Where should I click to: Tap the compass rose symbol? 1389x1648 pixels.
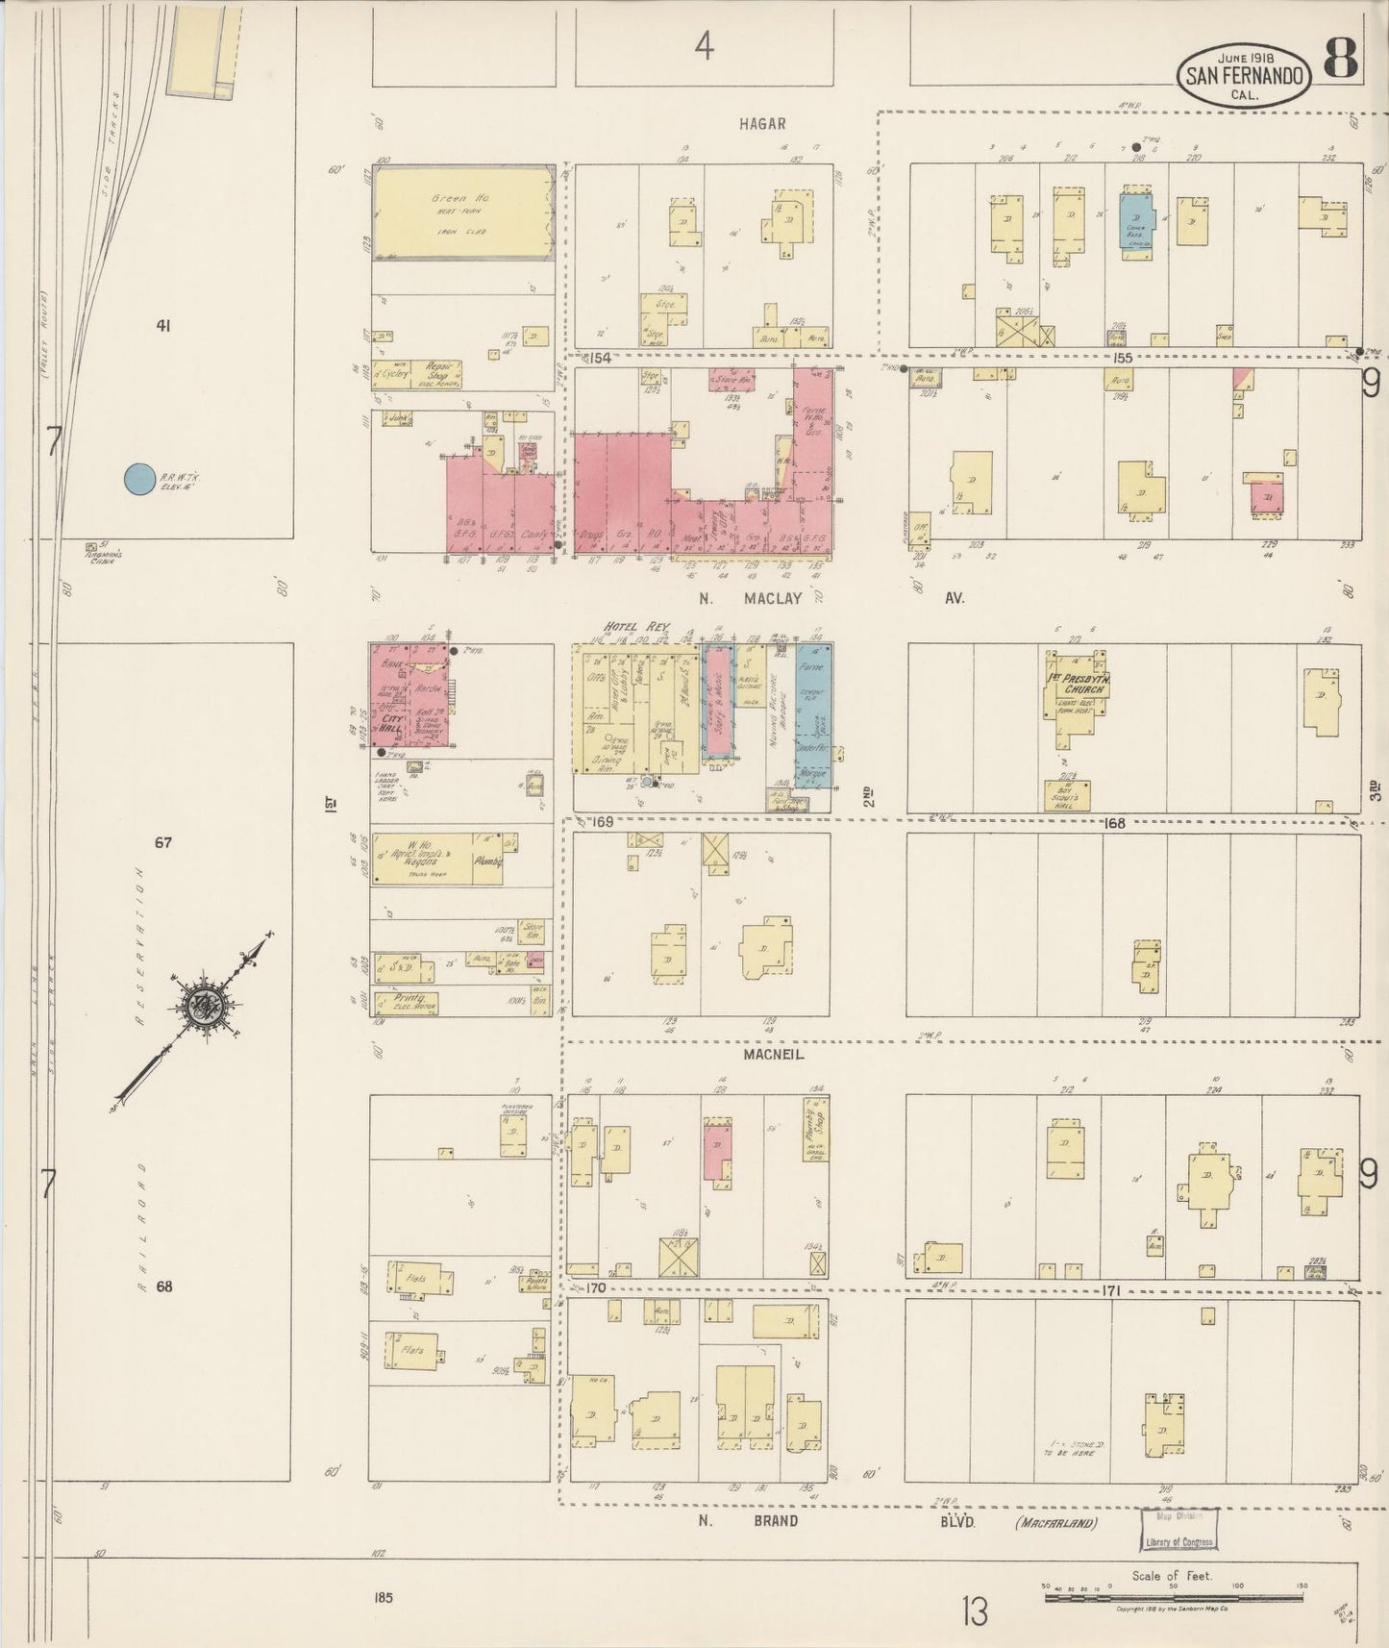204,1006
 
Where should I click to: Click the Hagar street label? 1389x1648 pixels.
763,123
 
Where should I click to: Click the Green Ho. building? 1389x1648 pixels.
463,213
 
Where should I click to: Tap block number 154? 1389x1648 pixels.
601,358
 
